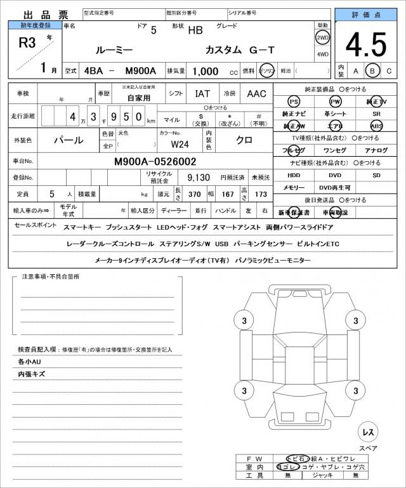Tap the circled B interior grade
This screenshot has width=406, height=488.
pyautogui.click(x=372, y=70)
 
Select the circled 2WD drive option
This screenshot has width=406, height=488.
pyautogui.click(x=322, y=37)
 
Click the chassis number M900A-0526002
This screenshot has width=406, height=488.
pyautogui.click(x=155, y=162)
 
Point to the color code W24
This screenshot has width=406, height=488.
pyautogui.click(x=180, y=143)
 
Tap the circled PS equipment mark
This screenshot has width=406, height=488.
pyautogui.click(x=293, y=102)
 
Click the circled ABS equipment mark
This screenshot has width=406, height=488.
pyautogui.click(x=376, y=126)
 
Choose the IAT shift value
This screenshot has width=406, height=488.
pyautogui.click(x=202, y=93)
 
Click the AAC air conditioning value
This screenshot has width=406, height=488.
pyautogui.click(x=256, y=93)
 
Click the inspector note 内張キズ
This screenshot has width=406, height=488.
pyautogui.click(x=32, y=374)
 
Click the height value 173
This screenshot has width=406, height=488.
pyautogui.click(x=261, y=194)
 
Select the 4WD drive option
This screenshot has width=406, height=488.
pyautogui.click(x=322, y=55)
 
